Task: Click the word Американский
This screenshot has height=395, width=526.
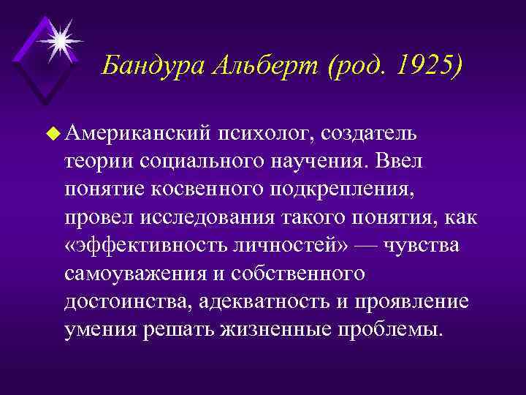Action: coord(139,133)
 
